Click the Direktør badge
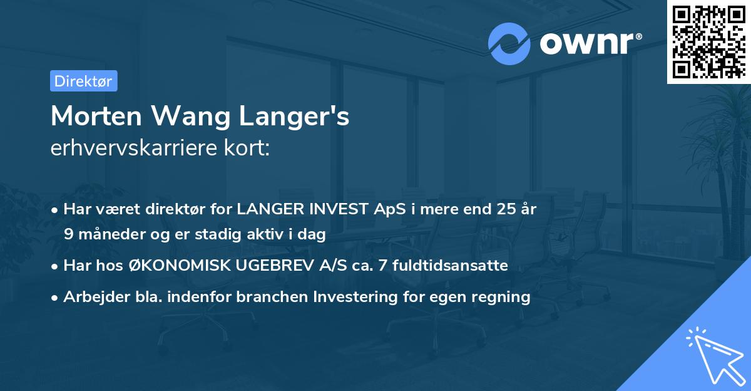83,81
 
